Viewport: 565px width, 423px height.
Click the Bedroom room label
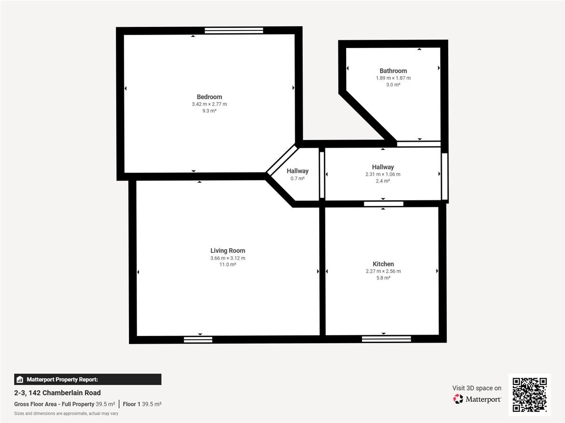(209, 97)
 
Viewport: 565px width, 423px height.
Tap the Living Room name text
(228, 251)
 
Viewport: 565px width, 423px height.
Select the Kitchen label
(383, 264)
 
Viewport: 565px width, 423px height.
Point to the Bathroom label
(393, 70)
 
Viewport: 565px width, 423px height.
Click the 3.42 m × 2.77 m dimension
(209, 104)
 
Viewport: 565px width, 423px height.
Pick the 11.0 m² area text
(228, 265)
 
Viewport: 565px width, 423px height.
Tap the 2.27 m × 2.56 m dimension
(383, 271)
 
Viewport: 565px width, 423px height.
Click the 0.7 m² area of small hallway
(298, 178)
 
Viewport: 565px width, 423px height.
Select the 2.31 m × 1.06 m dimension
(383, 174)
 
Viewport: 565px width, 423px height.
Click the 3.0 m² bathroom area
(393, 85)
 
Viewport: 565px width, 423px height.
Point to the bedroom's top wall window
(234, 31)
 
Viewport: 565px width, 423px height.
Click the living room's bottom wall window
(198, 339)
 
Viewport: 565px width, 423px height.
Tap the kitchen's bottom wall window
(387, 339)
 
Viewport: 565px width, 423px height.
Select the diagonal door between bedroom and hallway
(282, 160)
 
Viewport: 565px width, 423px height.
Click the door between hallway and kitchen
(384, 204)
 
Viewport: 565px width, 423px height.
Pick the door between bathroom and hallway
(419, 144)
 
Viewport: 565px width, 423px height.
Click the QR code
(530, 395)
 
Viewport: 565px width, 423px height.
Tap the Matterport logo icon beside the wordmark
(458, 399)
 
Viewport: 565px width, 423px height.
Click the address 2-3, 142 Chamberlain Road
(57, 393)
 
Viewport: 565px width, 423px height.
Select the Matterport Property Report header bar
(88, 379)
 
